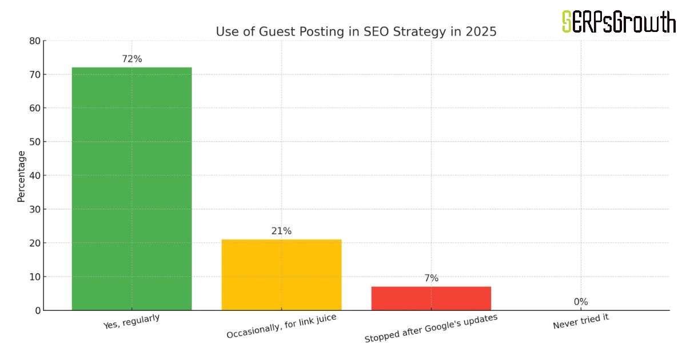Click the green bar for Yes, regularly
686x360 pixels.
pyautogui.click(x=131, y=189)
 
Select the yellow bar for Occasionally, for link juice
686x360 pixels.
pyautogui.click(x=281, y=275)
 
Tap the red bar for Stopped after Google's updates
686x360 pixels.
pyautogui.click(x=431, y=298)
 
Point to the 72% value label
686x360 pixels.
pyautogui.click(x=131, y=59)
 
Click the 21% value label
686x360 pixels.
pyautogui.click(x=281, y=231)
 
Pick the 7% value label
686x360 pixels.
pyautogui.click(x=431, y=278)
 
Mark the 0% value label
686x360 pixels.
pyautogui.click(x=581, y=302)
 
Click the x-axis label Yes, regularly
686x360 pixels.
pyautogui.click(x=131, y=322)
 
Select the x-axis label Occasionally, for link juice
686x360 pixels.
pyautogui.click(x=281, y=326)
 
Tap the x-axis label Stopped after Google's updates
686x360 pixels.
pyautogui.click(x=431, y=328)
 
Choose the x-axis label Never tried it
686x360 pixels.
pyautogui.click(x=581, y=321)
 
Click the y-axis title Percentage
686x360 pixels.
pyautogui.click(x=21, y=176)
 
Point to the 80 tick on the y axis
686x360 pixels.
pyautogui.click(x=35, y=41)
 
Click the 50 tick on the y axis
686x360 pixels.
pyautogui.click(x=35, y=142)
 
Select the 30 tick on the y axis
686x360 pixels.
pyautogui.click(x=35, y=209)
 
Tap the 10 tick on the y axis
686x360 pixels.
pyautogui.click(x=35, y=277)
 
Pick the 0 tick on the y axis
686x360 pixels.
pyautogui.click(x=38, y=310)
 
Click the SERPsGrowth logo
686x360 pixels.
pyautogui.click(x=619, y=22)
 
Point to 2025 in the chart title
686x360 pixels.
pyautogui.click(x=481, y=32)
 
